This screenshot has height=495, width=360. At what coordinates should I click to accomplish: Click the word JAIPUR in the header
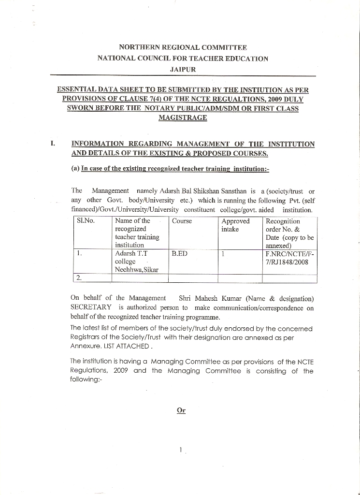pyautogui.click(x=183, y=70)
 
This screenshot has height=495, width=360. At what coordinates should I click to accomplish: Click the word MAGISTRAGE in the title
pyautogui.click(x=183, y=118)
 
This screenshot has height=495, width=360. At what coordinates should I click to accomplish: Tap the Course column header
pyautogui.click(x=182, y=221)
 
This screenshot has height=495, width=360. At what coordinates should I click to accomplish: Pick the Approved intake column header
pyautogui.click(x=235, y=225)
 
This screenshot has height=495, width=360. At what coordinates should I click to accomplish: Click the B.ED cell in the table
pyautogui.click(x=179, y=253)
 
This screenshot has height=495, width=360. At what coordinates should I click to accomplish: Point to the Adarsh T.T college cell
pyautogui.click(x=137, y=261)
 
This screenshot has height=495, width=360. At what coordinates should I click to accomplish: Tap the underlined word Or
pyautogui.click(x=181, y=410)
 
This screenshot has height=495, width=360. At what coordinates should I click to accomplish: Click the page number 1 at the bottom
pyautogui.click(x=180, y=450)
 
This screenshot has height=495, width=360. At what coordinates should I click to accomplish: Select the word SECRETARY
pyautogui.click(x=91, y=307)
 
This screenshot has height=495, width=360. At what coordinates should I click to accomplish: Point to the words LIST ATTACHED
pyautogui.click(x=131, y=347)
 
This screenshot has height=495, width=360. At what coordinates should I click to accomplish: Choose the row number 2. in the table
pyautogui.click(x=79, y=277)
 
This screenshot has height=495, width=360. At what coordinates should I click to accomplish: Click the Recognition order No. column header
pyautogui.click(x=289, y=233)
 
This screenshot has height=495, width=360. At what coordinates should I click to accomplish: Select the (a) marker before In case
pyautogui.click(x=75, y=169)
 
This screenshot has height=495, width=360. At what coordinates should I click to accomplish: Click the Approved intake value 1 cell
pyautogui.click(x=224, y=253)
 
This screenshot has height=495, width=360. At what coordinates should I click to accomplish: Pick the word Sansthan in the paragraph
pyautogui.click(x=232, y=191)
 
